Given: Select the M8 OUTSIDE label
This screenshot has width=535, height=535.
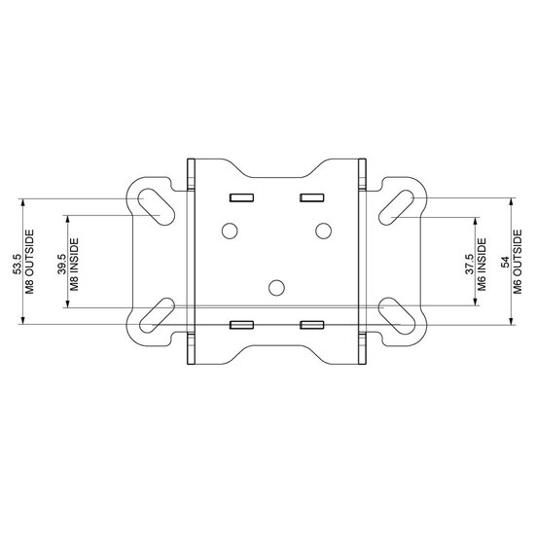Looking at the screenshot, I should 29,264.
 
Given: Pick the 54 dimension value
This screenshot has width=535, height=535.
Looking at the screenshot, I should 503,264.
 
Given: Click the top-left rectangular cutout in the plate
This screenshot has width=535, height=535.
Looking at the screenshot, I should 240,197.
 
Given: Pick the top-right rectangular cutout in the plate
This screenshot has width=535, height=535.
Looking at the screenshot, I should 311,197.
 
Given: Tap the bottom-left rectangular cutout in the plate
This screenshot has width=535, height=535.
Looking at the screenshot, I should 240,323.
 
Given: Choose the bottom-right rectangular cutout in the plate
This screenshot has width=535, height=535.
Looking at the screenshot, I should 311,323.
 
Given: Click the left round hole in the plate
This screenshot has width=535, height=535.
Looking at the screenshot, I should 230,231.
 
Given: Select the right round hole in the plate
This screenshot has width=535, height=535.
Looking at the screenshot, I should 323,231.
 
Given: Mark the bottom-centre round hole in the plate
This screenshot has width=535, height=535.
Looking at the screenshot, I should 276,286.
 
